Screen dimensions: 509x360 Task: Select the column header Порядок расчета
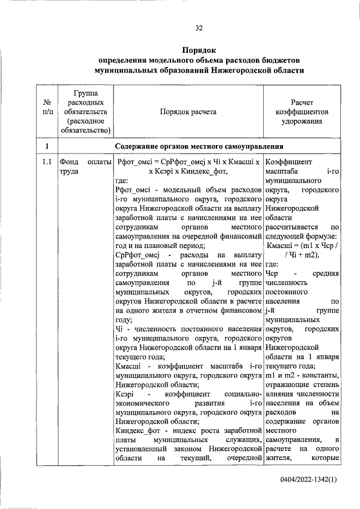[188, 112]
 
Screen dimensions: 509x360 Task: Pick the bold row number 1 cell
[47, 146]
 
